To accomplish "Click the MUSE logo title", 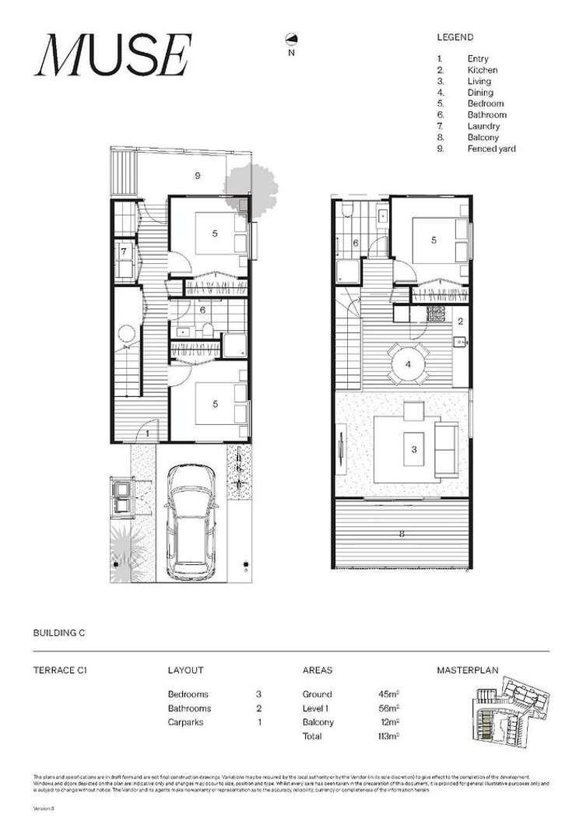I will coord(112,57).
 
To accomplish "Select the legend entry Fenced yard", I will coord(491,149).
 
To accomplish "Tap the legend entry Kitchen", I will coord(483,70).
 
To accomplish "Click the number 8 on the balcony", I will coord(401,535).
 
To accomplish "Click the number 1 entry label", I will coord(147,433).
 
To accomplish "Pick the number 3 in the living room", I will coord(413,449).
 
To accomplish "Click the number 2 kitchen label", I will coord(460,321).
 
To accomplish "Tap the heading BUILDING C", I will coord(58,634).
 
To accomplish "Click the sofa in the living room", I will coord(447,450).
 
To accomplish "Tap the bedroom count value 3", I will coord(258,694).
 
